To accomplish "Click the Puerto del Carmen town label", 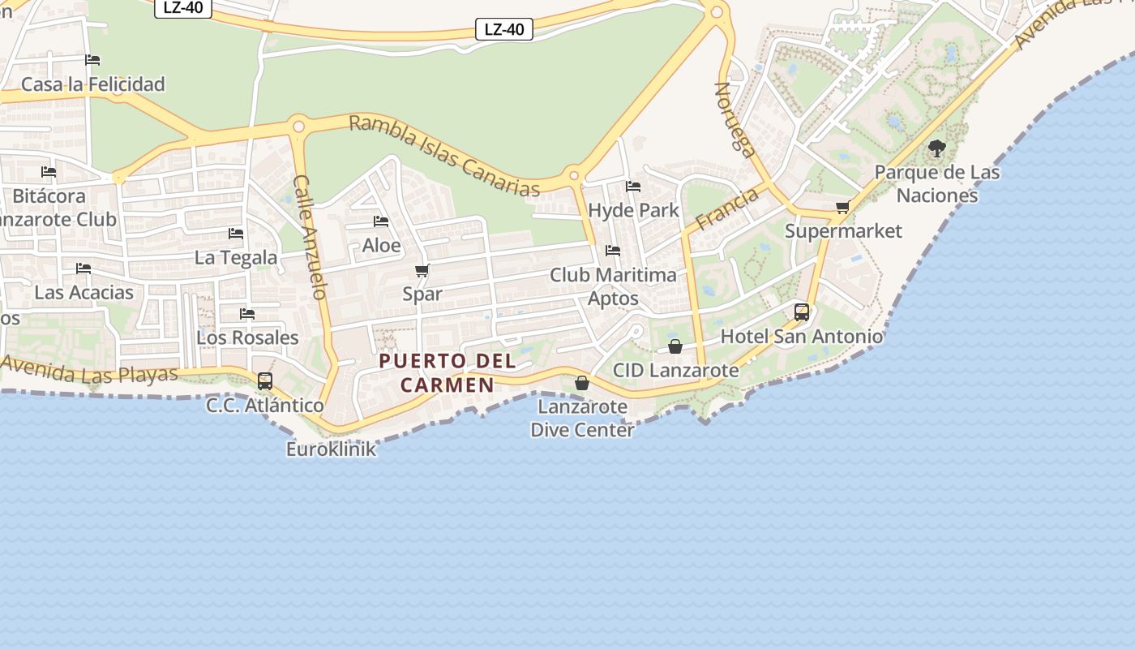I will tap(448, 372).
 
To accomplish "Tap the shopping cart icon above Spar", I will tap(422, 271).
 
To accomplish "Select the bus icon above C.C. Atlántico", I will tap(265, 380).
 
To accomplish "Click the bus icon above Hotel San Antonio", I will tap(801, 312).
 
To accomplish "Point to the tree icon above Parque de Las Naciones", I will tap(937, 148).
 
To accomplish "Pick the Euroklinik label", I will tap(331, 449).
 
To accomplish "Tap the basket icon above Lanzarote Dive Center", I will tap(582, 382).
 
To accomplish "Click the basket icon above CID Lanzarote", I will tap(675, 346).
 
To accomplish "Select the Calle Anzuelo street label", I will tap(310, 237).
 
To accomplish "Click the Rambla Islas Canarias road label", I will tap(444, 156).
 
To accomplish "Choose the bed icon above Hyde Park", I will tap(633, 187).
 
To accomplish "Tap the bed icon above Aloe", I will tap(381, 221).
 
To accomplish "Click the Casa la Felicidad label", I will tap(92, 84).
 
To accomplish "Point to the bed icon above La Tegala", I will tap(236, 234).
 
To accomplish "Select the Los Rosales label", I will tap(247, 337).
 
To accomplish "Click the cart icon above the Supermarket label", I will tap(843, 208).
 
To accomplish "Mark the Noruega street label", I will tap(735, 119).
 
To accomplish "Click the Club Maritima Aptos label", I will tap(613, 286).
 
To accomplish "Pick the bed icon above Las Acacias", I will tap(84, 269).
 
